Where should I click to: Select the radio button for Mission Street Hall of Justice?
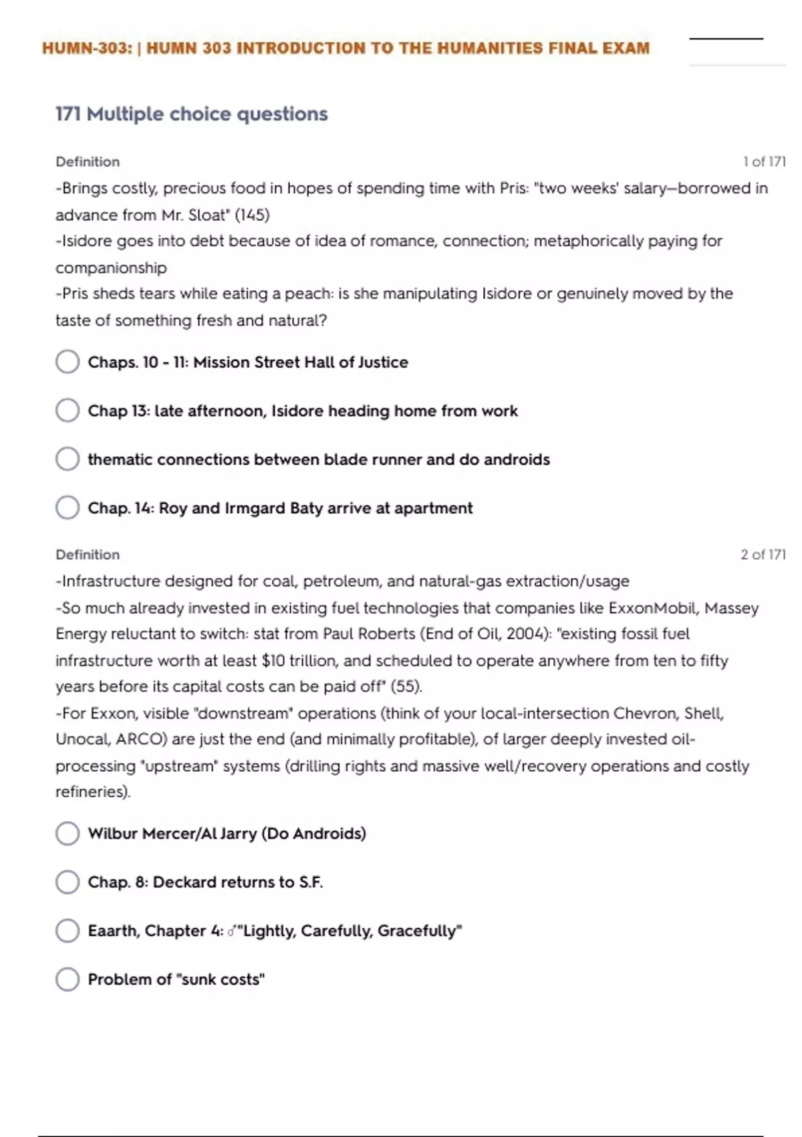[68, 362]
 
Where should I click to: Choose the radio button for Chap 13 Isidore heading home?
[68, 411]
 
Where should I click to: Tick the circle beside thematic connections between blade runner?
[68, 459]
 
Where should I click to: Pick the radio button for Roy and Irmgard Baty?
[68, 508]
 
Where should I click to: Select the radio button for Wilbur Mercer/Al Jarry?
[68, 833]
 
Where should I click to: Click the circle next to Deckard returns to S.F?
[68, 882]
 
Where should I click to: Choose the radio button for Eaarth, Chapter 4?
[68, 930]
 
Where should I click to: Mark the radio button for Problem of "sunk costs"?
[68, 979]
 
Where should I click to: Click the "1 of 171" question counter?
[764, 162]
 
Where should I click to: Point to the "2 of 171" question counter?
[763, 554]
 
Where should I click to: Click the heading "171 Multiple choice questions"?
[192, 114]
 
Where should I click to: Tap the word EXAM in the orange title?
[624, 48]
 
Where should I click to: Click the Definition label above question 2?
[88, 554]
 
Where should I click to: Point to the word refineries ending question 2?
[92, 792]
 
